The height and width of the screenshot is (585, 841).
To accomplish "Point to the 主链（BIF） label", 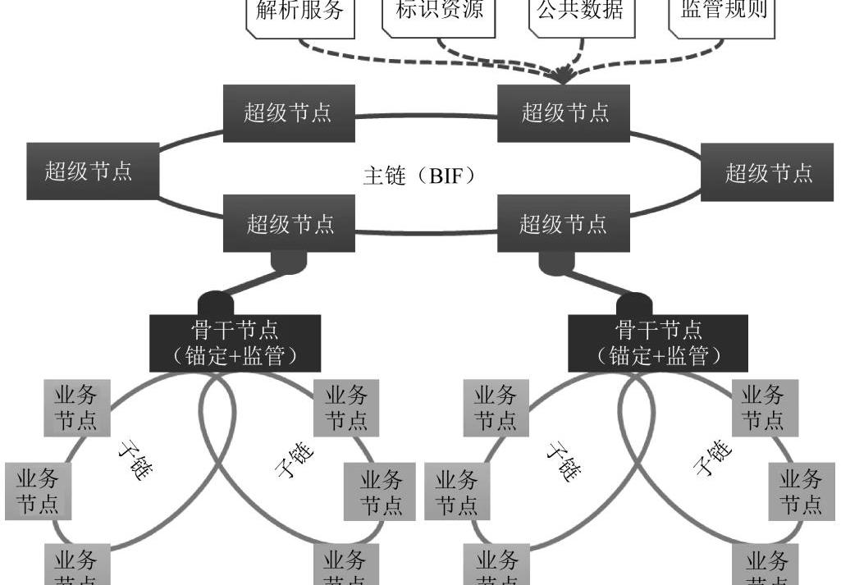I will point(419,176).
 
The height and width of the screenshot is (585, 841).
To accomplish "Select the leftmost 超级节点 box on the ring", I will point(91,171).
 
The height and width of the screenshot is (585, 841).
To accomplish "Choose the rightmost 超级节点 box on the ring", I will point(769,172).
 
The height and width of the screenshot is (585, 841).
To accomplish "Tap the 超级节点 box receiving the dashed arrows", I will point(564,112).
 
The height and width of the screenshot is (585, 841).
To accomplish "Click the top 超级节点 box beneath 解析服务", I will point(289,112).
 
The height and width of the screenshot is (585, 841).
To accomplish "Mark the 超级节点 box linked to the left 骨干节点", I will point(290,223).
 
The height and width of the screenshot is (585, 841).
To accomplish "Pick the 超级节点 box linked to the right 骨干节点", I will point(564,223).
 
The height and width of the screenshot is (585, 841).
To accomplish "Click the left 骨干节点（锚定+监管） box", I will point(235,343).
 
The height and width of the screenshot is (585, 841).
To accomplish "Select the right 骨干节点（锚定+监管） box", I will point(658,343).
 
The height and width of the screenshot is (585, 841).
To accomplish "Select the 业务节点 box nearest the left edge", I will point(38,491).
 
